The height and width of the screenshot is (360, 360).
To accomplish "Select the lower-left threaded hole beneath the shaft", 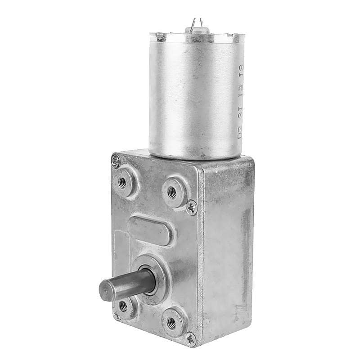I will (123, 307).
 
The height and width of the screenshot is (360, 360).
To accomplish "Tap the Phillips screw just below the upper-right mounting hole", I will (192, 207).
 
